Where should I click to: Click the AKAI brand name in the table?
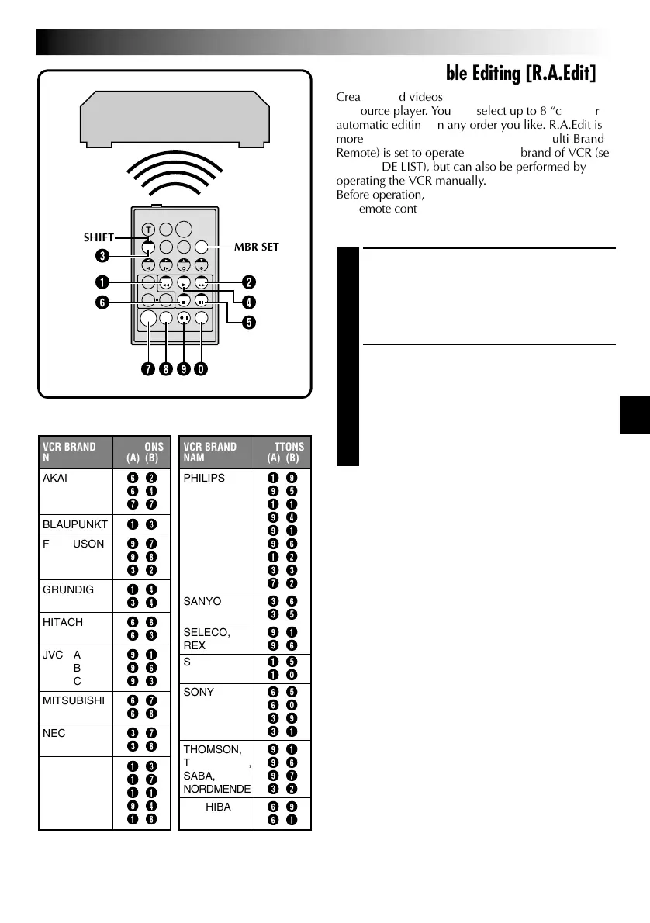pos(55,479)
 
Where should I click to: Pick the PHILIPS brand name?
pos(204,479)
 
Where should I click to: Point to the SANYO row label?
pos(202,601)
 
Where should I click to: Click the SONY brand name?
pos(199,692)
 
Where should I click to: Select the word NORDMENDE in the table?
pos(216,789)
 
